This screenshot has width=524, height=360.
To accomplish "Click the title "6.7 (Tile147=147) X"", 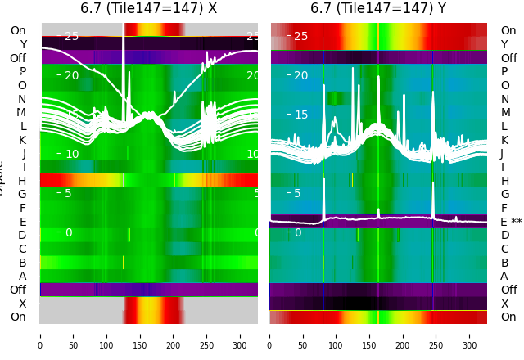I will point(148,8).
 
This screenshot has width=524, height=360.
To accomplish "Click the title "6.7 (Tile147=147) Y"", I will point(378,8).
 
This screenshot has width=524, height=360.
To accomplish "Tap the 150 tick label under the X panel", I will point(140,335).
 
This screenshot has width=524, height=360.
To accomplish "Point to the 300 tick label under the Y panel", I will point(470,335).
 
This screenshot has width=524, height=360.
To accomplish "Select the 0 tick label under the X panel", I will point(40,335).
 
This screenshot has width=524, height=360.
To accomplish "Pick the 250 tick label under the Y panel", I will point(436,335).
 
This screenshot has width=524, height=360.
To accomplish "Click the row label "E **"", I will point(510,222).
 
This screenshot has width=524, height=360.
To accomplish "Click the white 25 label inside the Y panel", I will point(300,37).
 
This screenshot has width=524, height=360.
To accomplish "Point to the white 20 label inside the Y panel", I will point(300,76).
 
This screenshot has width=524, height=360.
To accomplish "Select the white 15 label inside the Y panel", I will point(300,115).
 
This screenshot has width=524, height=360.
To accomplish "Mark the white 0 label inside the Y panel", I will point(298,233).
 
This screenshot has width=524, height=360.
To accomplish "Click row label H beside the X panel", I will point(22,181).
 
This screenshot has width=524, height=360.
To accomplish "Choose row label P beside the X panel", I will point(22,72).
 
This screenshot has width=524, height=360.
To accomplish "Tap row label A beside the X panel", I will point(22,276).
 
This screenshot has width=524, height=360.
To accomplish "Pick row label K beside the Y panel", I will point(504,140).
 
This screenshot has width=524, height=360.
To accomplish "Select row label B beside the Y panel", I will point(504,263).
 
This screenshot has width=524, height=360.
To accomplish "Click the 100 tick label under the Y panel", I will point(337,335).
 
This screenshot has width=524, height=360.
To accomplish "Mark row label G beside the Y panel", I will point(504,194).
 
